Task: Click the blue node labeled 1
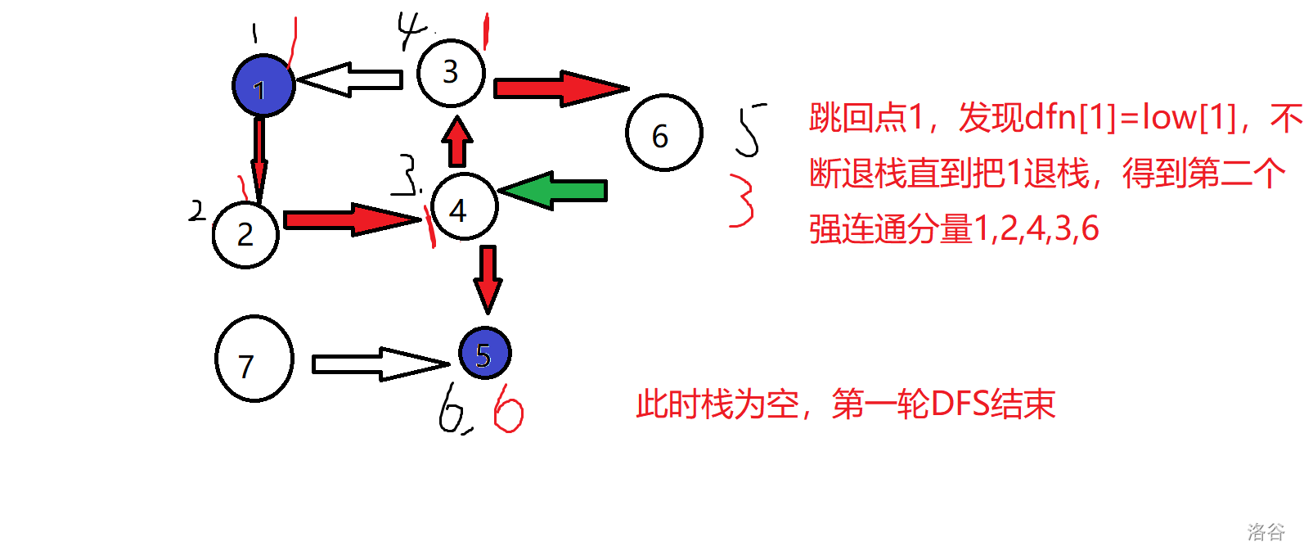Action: tap(263, 86)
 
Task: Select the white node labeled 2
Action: tap(245, 234)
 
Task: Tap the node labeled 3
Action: tap(450, 72)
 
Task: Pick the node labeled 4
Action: tap(463, 206)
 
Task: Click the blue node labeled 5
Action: tap(484, 354)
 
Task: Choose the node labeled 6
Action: tap(663, 133)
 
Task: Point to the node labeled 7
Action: tap(254, 359)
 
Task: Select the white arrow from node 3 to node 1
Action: tap(350, 79)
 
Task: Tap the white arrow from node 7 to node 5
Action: tap(380, 364)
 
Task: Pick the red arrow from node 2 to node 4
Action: tap(352, 219)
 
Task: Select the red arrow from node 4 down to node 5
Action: tap(488, 278)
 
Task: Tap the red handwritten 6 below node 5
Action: tap(508, 408)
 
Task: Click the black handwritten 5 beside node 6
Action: tap(749, 129)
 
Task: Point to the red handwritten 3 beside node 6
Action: tap(741, 200)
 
